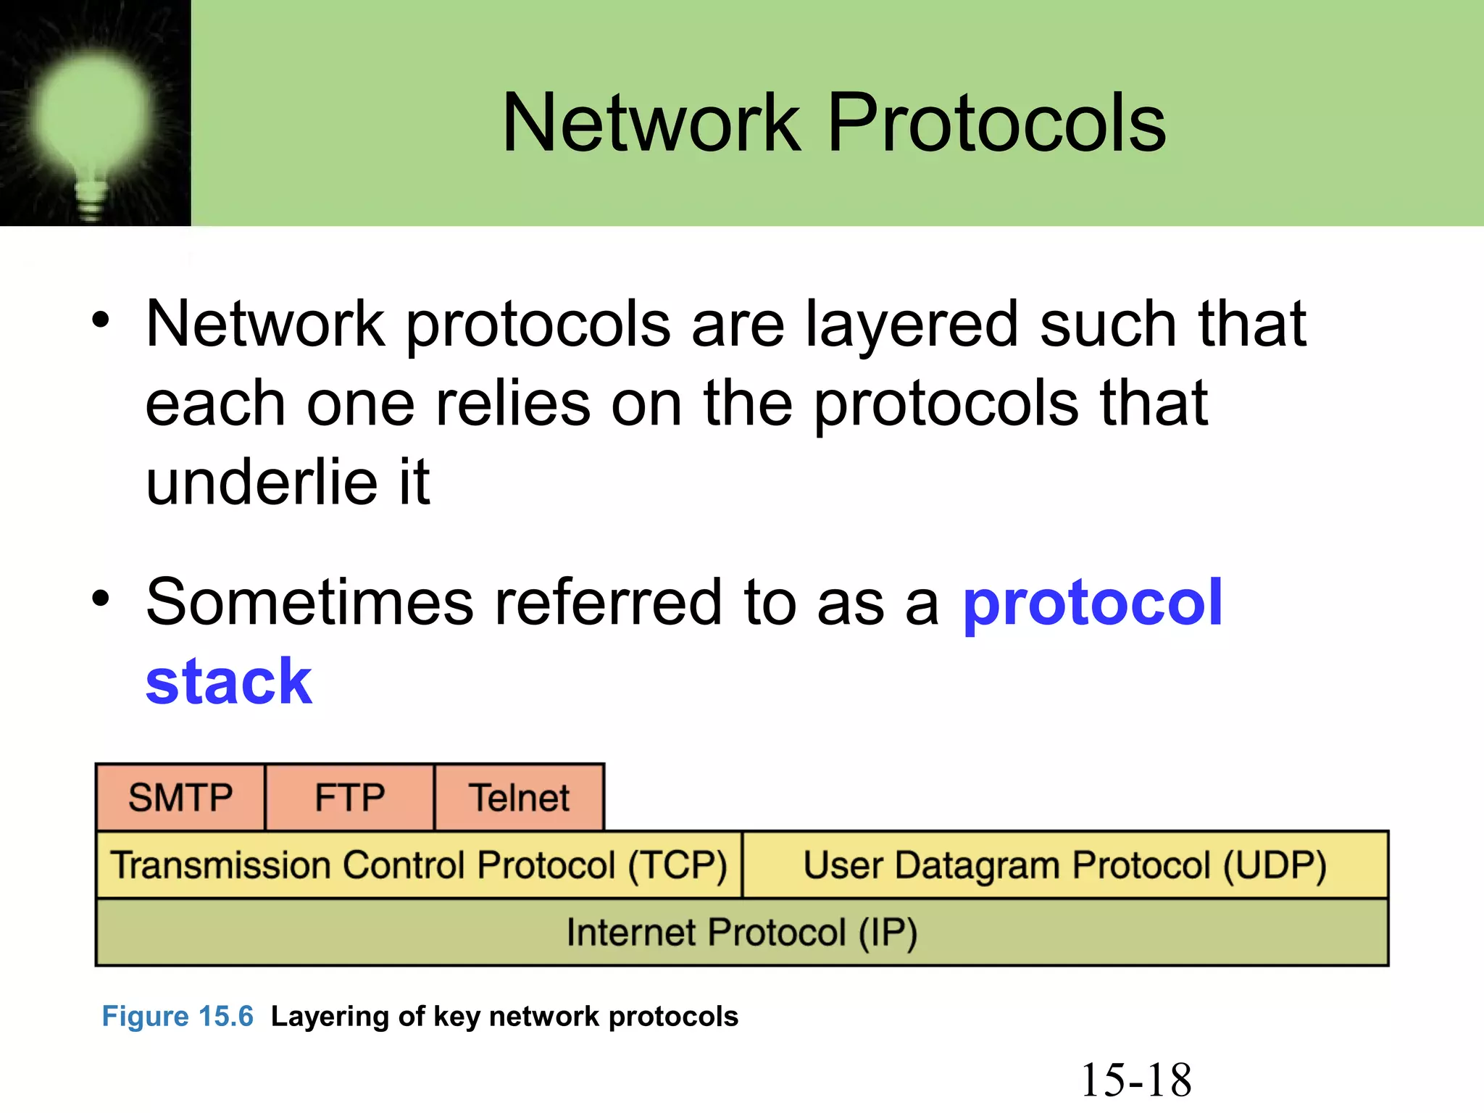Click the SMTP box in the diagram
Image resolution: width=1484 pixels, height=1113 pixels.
[180, 797]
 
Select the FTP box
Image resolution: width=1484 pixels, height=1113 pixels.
[350, 797]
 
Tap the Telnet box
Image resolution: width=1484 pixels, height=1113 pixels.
[519, 797]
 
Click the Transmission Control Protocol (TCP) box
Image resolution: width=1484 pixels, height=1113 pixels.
[419, 865]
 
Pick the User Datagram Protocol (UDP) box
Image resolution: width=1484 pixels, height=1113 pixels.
[1065, 865]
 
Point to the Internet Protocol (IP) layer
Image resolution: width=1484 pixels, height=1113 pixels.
[742, 933]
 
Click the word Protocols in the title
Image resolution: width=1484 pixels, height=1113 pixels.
[996, 123]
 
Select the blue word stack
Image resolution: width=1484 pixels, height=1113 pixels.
[229, 682]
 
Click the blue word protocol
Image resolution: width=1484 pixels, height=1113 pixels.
[1092, 603]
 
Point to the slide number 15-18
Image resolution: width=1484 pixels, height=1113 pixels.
[1135, 1080]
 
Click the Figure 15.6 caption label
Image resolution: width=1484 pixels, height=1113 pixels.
[178, 1016]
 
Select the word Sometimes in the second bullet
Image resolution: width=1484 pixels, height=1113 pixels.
[309, 603]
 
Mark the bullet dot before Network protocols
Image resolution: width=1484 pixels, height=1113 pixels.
[101, 320]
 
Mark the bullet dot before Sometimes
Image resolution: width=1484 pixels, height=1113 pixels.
[101, 599]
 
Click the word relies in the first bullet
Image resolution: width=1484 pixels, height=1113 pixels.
[512, 404]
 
